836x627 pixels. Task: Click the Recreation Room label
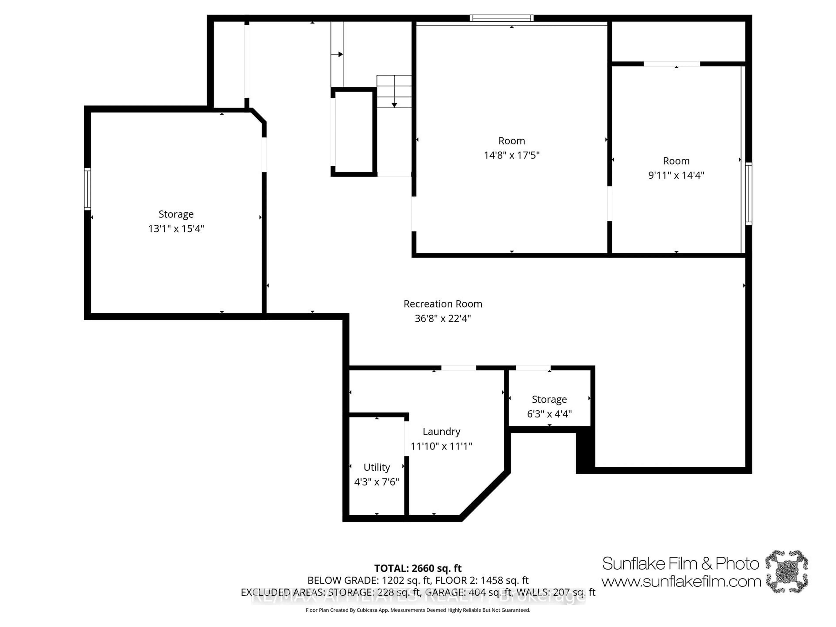tap(443, 304)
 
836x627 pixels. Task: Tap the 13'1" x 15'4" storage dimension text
tap(176, 228)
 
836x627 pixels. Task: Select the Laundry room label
tap(441, 431)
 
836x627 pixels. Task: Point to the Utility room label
tap(376, 467)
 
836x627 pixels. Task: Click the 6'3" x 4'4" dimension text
tap(549, 414)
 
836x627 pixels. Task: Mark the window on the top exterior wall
tap(502, 18)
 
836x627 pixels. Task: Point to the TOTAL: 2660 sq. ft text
tap(418, 568)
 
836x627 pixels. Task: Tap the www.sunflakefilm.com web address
tap(681, 581)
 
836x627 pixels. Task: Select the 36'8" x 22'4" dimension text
tap(443, 318)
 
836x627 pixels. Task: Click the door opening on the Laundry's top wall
tap(458, 368)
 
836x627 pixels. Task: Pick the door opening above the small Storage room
tap(533, 368)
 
